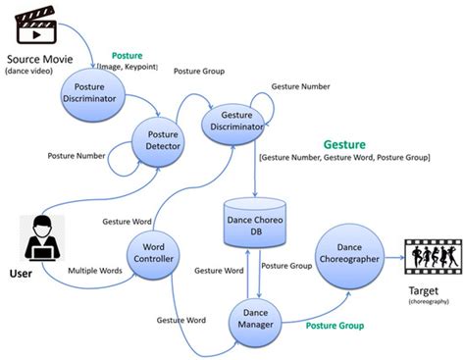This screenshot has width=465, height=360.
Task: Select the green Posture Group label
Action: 336,325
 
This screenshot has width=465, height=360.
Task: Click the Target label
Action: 423,293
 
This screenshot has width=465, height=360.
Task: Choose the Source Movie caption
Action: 40,60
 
